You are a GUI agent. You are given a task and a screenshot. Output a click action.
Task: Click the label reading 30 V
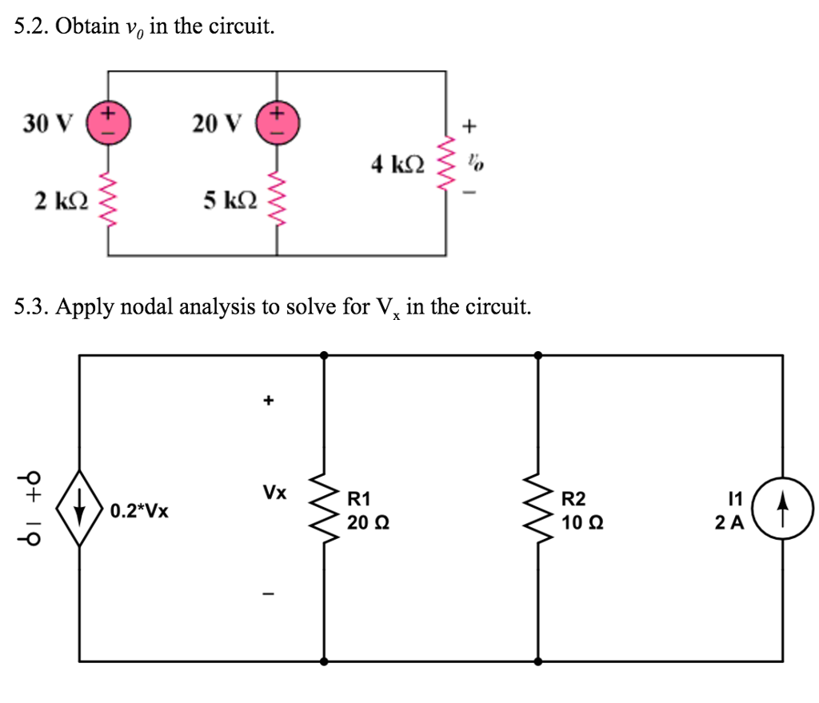(x=46, y=123)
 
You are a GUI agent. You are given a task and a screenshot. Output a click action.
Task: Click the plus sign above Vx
(x=270, y=397)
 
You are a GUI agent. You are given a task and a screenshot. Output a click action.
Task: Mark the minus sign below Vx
(x=270, y=594)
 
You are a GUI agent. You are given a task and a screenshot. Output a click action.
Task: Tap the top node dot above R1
(x=324, y=354)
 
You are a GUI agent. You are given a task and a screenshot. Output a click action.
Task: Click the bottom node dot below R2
(x=537, y=661)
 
